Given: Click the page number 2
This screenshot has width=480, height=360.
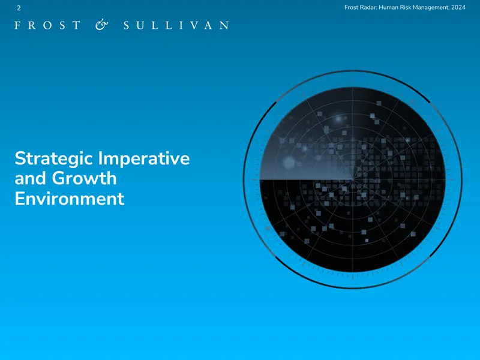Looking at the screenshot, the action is [19, 8].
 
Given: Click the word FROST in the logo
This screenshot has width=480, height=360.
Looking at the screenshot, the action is [47, 25].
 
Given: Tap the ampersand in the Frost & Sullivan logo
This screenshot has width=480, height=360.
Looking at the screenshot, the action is [101, 25].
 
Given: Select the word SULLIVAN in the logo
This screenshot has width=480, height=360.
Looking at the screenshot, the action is [176, 25].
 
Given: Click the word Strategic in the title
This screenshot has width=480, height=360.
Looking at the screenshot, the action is [54, 159].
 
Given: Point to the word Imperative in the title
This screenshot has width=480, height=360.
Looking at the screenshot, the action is [144, 159].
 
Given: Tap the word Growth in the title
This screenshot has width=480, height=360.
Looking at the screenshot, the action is [84, 178].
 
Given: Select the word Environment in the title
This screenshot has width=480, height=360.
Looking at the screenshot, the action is [70, 199].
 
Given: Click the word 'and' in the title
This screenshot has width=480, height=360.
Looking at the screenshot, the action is [31, 178].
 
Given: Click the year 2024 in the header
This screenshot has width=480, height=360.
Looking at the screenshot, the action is [458, 7].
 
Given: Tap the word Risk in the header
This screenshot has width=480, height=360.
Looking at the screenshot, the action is [406, 7].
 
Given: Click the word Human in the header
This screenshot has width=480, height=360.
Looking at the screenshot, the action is [388, 7].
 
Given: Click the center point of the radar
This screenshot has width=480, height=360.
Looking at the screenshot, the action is [353, 179].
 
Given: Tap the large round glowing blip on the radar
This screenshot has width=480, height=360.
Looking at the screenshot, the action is [289, 163].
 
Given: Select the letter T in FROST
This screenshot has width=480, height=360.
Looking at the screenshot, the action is [77, 25].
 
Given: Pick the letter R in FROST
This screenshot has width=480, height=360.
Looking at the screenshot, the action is [32, 25].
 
